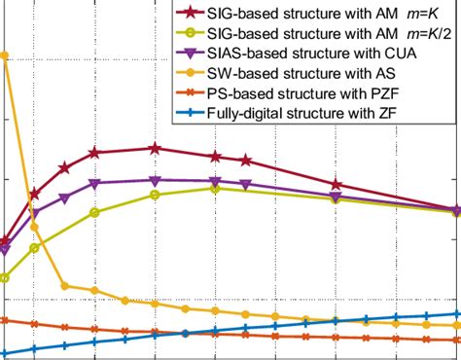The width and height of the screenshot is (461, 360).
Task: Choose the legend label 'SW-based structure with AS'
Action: click(301, 75)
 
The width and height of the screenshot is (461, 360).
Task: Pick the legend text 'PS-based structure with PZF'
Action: click(304, 95)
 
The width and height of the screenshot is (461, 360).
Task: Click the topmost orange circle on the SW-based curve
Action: click(5, 55)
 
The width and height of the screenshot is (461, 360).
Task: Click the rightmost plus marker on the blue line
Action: click(456, 314)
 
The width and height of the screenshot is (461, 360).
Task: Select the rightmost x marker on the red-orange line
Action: click(456, 340)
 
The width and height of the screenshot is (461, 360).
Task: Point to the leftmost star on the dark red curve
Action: click(5, 240)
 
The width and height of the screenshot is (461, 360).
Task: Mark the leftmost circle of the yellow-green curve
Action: click(5, 278)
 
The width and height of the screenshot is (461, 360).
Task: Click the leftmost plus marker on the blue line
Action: click(5, 353)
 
